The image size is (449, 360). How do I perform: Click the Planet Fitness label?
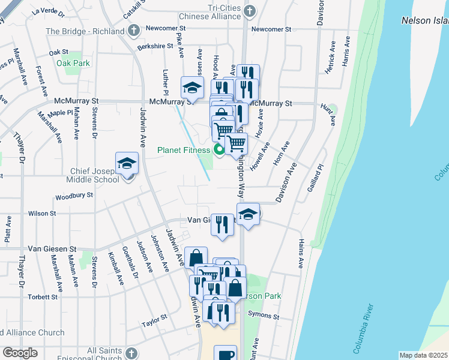[184, 150]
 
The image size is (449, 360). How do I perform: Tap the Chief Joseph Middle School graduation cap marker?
[127, 164]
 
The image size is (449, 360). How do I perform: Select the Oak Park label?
[72, 62]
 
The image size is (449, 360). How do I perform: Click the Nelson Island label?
[424, 20]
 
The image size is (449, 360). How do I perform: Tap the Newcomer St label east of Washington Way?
[271, 29]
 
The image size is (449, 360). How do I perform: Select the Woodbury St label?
[74, 196]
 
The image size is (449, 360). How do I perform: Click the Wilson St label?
[42, 213]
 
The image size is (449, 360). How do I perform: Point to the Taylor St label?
[154, 323]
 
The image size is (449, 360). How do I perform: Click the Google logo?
[20, 353]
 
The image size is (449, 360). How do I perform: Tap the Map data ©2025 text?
[423, 355]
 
